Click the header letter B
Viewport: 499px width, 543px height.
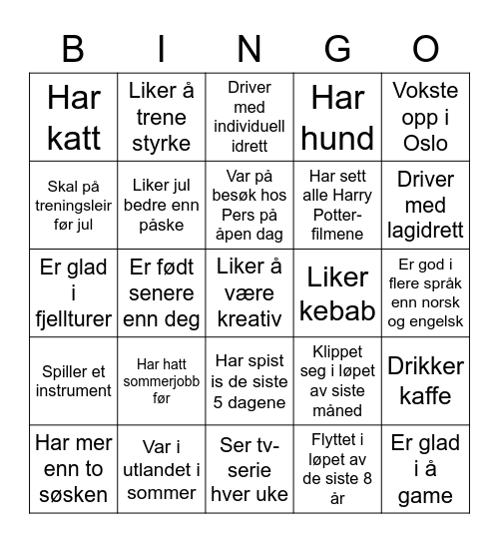point(73,48)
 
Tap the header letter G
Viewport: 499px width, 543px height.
point(338,48)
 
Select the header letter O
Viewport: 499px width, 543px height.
point(426,48)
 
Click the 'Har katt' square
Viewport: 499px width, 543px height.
point(74,117)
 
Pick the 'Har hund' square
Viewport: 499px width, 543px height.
point(337,117)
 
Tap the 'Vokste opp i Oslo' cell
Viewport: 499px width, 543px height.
point(425,117)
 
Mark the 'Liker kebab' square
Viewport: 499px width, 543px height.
point(337,293)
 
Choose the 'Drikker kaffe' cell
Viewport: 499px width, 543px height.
point(425,380)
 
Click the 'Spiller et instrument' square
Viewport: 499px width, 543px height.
point(74,380)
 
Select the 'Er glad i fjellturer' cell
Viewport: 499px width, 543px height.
point(74,293)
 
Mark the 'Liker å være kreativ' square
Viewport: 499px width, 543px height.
point(249,293)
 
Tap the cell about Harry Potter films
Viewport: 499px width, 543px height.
point(337,205)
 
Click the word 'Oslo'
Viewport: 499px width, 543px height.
point(425,144)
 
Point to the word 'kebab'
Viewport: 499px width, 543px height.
point(337,310)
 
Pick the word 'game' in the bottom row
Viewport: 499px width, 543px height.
point(425,495)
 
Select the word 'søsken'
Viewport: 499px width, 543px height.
point(74,495)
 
